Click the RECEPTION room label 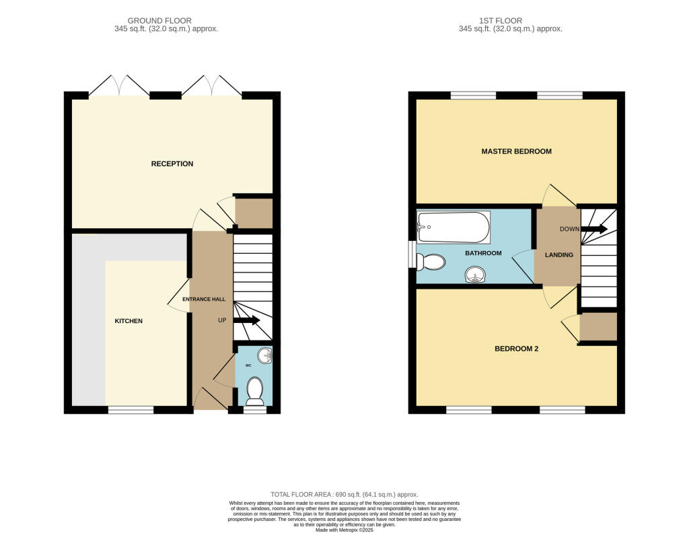click(x=172, y=164)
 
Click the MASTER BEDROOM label click(x=516, y=151)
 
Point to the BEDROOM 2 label click(x=516, y=349)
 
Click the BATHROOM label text click(x=483, y=253)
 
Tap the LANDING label click(x=559, y=255)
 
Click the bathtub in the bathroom click(x=453, y=227)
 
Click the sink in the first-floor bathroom click(x=476, y=275)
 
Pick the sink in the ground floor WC click(x=264, y=355)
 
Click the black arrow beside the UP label click(x=247, y=320)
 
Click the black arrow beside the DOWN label click(x=595, y=229)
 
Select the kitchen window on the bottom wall click(x=131, y=409)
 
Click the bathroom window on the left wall click(x=412, y=254)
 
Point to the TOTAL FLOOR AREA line click(x=344, y=495)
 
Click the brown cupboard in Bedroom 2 click(x=597, y=326)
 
